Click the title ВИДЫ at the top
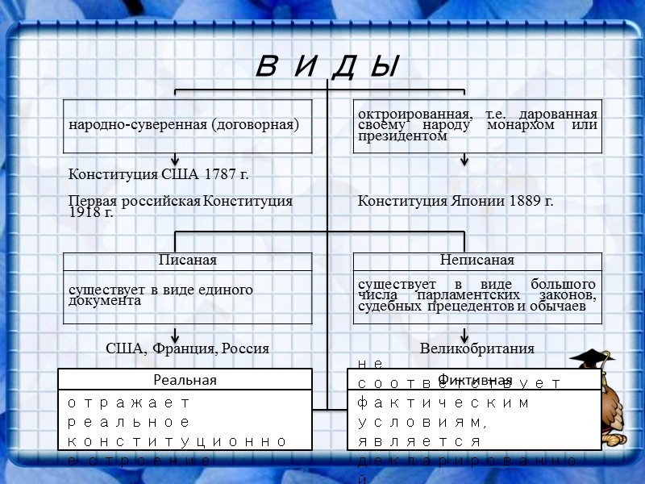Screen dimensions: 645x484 (327, 67)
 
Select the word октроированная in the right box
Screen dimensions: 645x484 (400, 114)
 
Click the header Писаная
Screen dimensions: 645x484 (188, 260)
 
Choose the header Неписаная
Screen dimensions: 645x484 (477, 260)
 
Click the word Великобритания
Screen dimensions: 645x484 (477, 348)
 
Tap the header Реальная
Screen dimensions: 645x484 (185, 380)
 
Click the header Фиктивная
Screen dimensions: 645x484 (475, 380)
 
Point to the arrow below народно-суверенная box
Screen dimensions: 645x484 (175, 160)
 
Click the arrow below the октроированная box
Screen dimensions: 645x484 (464, 160)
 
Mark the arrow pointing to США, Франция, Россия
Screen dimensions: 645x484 (175, 336)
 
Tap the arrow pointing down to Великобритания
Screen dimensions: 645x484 (464, 336)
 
